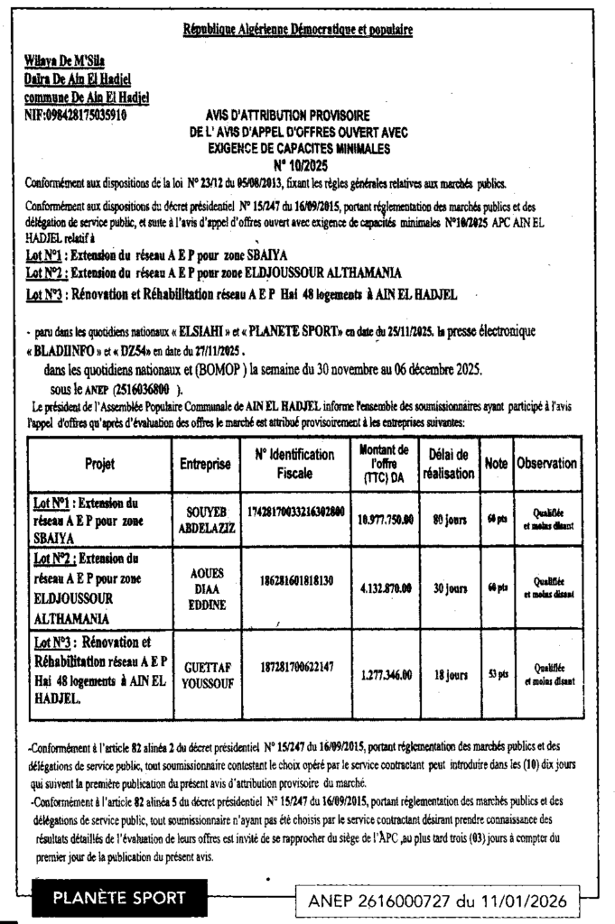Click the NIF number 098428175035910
pyautogui.click(x=77, y=115)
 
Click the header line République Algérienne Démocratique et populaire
pyautogui.click(x=297, y=31)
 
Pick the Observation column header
pyautogui.click(x=546, y=463)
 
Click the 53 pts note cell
pyautogui.click(x=497, y=672)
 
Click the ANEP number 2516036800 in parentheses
pyautogui.click(x=144, y=389)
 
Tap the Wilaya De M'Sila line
pyautogui.click(x=64, y=61)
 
